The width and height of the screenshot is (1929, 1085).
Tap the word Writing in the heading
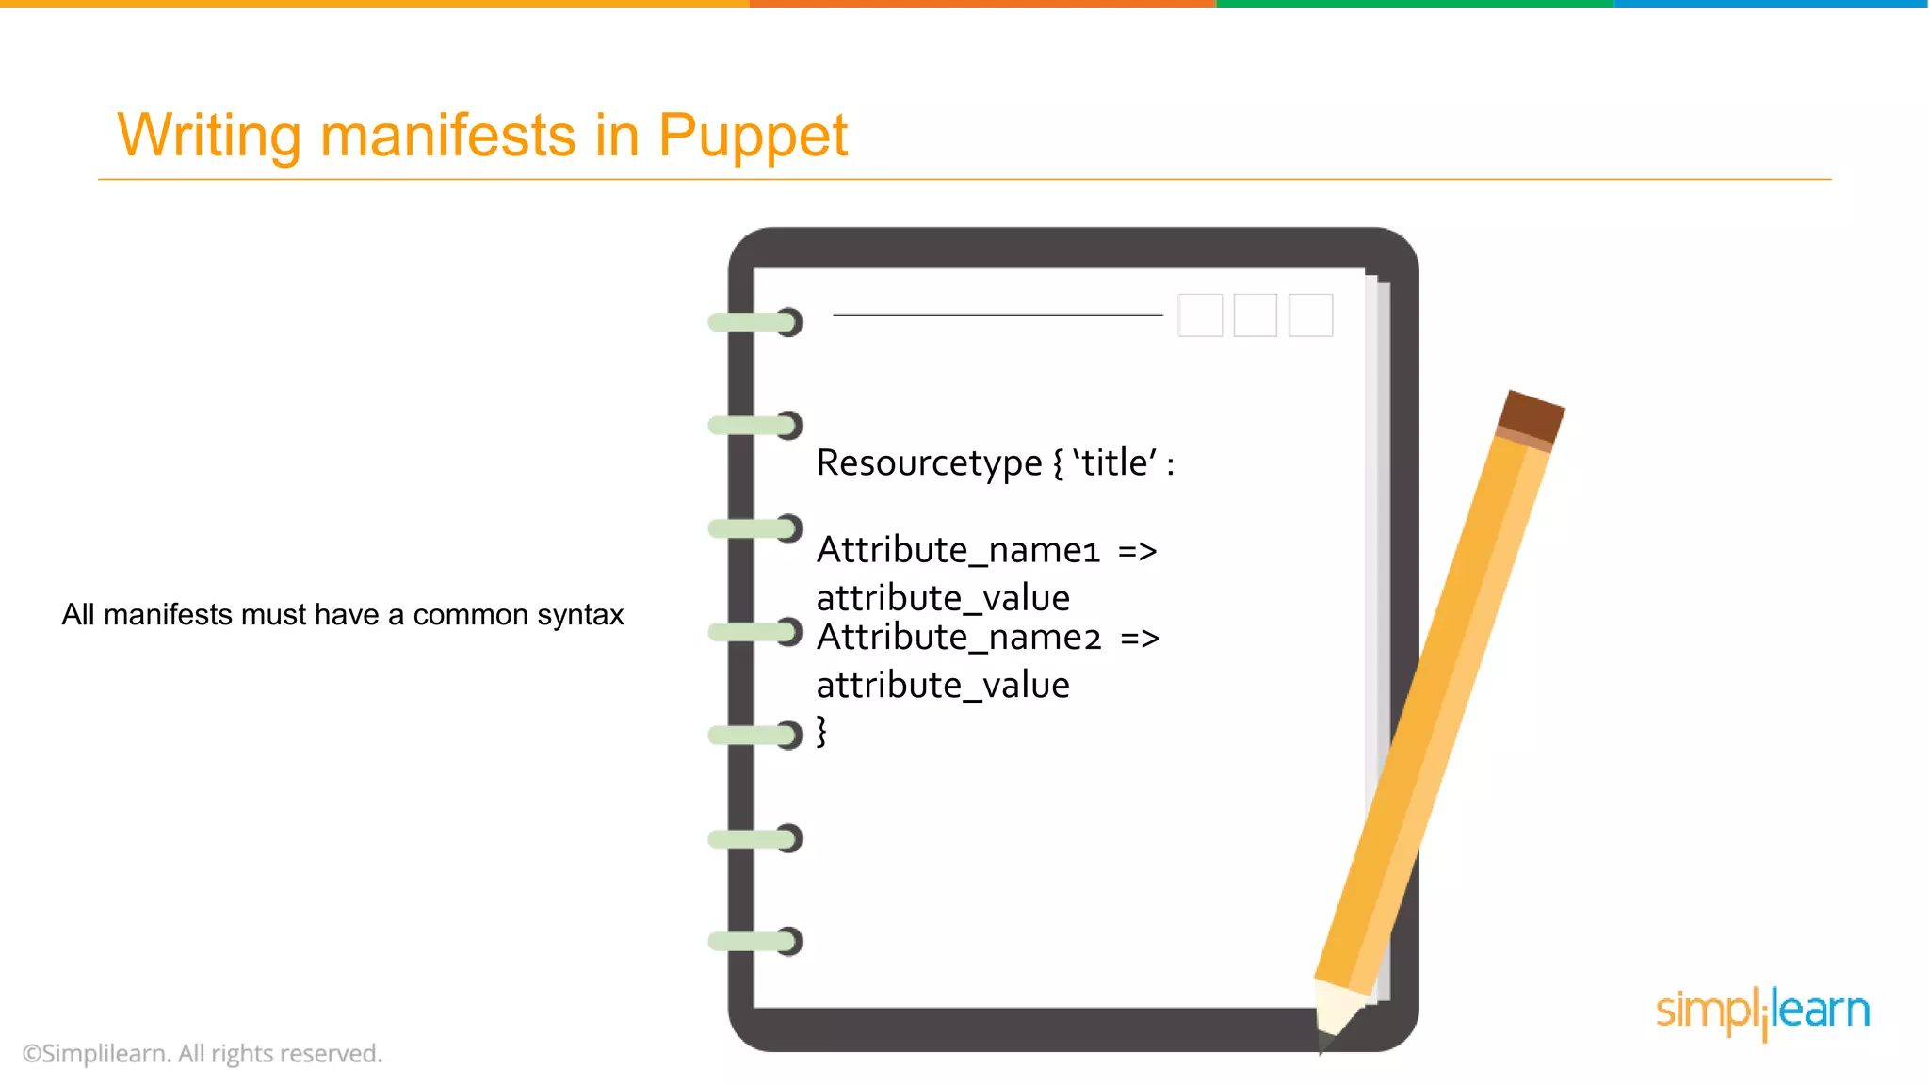click(208, 135)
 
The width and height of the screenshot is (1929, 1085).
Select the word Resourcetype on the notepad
click(929, 463)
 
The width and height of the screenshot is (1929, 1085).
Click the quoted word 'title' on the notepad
click(1114, 462)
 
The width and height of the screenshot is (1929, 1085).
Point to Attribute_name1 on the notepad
click(958, 550)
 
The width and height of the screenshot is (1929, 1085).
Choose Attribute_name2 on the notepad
click(959, 638)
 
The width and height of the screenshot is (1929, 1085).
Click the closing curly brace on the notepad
click(821, 731)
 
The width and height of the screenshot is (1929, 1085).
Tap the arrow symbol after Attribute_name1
click(1137, 551)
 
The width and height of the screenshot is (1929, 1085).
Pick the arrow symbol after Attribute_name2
click(1140, 639)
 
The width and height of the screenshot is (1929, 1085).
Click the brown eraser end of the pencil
click(1532, 413)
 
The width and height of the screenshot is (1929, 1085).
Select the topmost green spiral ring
click(754, 322)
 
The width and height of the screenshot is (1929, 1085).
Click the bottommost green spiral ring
click(754, 941)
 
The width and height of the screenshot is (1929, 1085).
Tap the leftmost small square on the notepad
click(1200, 315)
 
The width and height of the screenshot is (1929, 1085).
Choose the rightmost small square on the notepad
click(1310, 315)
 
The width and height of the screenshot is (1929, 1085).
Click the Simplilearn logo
click(1762, 1012)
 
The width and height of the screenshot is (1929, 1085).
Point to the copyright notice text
click(203, 1053)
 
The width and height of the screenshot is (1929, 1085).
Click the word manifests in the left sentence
click(168, 615)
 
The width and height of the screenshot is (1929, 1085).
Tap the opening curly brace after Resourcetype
click(1058, 463)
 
